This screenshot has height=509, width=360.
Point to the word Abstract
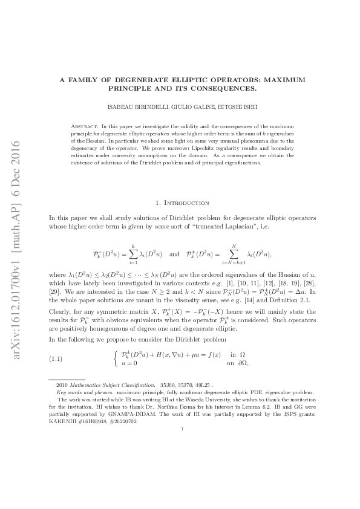tap(83, 125)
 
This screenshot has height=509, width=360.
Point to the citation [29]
tap(54, 291)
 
